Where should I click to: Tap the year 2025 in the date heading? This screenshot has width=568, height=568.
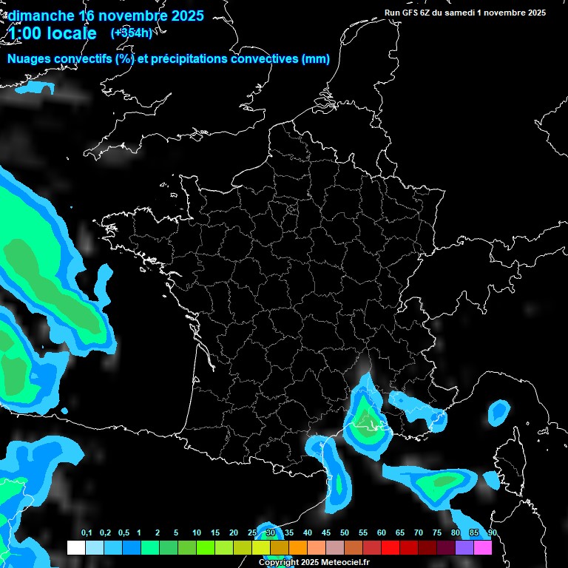coord(181,16)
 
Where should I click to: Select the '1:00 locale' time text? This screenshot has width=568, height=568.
coord(53,33)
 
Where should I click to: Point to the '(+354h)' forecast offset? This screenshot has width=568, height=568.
coord(131,33)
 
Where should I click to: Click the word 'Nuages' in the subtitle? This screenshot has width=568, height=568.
coord(29,59)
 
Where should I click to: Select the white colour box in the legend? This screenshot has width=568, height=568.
coord(75,547)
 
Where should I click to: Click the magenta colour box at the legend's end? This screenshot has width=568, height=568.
coord(483,547)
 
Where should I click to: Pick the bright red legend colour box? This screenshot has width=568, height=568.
coord(390,547)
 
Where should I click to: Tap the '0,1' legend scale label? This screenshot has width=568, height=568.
coord(86,533)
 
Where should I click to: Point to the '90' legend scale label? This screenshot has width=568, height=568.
coord(492,533)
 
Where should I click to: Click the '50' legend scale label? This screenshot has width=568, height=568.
coord(345,533)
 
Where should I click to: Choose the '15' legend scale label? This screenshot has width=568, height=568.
coord(214,533)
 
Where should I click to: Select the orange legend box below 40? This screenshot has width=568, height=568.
coord(298,547)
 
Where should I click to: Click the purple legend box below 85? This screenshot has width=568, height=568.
coord(464,547)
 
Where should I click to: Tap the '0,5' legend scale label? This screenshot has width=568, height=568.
coord(123,533)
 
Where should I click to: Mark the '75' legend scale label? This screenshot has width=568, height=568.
coord(437,533)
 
